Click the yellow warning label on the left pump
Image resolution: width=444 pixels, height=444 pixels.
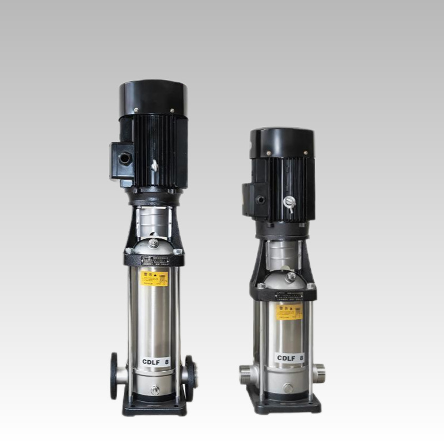(x=154, y=278)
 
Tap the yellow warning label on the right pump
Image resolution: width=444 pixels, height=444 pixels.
(x=289, y=311)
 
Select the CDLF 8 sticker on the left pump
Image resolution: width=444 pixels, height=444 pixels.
(x=155, y=362)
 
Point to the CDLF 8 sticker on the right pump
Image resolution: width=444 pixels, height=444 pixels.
(x=290, y=358)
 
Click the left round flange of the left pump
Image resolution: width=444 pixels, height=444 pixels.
(x=114, y=375)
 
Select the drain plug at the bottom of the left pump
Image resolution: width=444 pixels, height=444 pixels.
(x=155, y=390)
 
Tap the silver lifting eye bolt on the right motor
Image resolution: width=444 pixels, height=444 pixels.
(x=287, y=201)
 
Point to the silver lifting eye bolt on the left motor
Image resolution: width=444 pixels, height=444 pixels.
(x=155, y=165)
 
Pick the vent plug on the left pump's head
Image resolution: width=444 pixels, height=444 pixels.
(x=154, y=243)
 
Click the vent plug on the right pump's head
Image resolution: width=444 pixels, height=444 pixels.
(x=290, y=276)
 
